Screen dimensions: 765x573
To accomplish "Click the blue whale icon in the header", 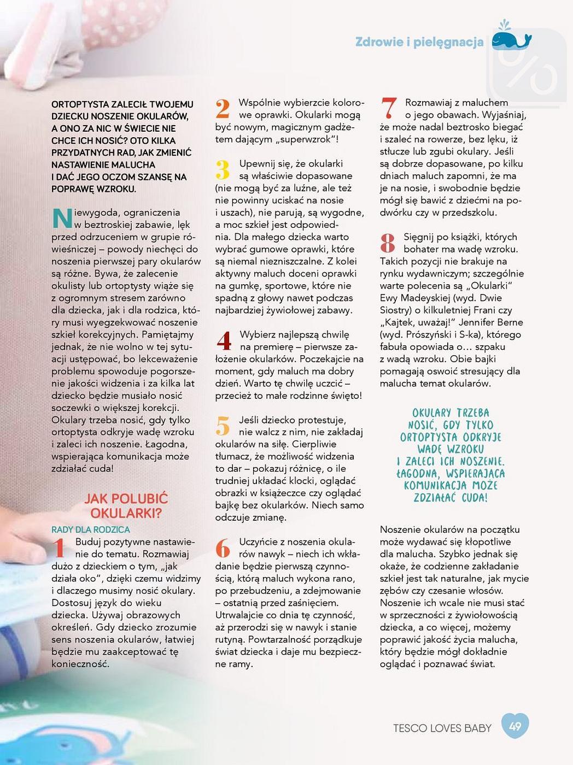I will pos(511,39).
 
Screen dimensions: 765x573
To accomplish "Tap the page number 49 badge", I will pos(515,726).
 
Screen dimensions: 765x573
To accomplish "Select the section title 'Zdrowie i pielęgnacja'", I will pos(419,42).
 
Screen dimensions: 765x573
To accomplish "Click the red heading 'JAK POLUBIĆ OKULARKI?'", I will pos(126,505).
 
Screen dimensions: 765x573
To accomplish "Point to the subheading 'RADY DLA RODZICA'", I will pos(91,529).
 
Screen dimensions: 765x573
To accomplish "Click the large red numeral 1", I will pos(60,548).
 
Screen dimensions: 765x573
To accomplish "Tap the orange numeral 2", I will pos(223,109).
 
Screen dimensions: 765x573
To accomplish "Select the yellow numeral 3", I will pos(223,170).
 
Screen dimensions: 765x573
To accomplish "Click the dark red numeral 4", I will pos(224,341).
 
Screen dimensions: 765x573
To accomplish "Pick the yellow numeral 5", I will pos(223,426).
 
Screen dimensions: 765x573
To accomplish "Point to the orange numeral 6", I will pos(223,548).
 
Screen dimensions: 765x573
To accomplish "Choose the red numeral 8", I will pos(388,243).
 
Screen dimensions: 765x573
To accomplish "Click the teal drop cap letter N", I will pos(62,218).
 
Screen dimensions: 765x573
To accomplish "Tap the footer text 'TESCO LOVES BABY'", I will pos(442,728).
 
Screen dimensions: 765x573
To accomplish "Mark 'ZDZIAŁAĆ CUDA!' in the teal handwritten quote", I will pos(450,497).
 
